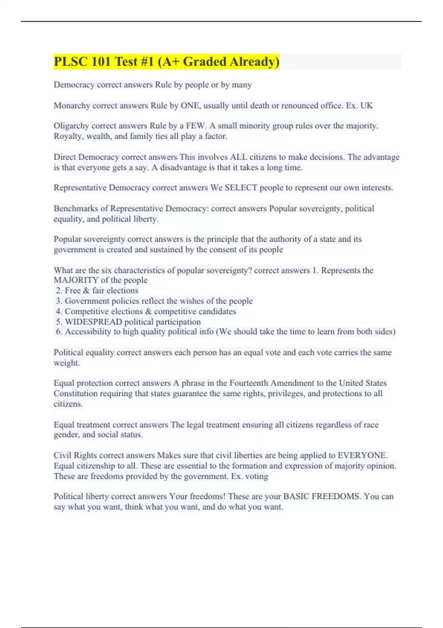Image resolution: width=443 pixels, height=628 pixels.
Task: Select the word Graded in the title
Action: [x=205, y=62]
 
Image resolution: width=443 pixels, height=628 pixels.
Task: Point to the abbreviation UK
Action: [x=367, y=106]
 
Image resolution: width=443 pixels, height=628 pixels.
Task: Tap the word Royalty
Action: [x=69, y=136]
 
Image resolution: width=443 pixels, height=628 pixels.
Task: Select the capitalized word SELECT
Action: [x=241, y=188]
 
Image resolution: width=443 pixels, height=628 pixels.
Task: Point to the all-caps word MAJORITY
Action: [x=76, y=280]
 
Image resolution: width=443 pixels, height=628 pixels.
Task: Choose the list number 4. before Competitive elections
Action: [x=59, y=311]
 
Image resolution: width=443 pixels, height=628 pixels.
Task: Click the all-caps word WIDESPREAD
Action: [x=93, y=322]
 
